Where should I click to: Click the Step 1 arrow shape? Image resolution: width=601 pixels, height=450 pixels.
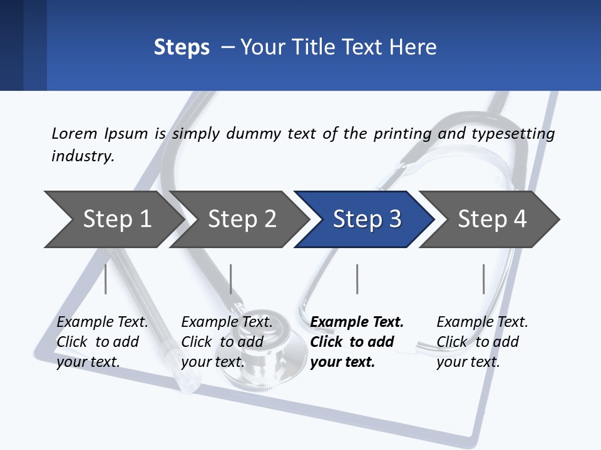(116, 219)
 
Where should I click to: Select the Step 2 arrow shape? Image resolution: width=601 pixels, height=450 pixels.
(241, 219)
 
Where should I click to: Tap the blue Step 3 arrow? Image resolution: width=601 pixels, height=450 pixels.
(366, 219)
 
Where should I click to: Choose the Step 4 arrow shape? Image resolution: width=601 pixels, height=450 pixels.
(491, 219)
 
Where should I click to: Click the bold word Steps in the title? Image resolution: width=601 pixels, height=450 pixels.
(182, 47)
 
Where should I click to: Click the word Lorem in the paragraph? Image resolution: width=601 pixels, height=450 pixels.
(74, 133)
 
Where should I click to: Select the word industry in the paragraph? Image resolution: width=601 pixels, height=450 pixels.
(82, 156)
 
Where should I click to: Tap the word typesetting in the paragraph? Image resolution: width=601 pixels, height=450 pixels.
(513, 134)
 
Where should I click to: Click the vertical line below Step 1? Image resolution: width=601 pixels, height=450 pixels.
(105, 279)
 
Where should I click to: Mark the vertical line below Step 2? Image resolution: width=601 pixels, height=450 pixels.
(231, 279)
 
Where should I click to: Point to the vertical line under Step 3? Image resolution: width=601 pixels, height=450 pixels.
(357, 279)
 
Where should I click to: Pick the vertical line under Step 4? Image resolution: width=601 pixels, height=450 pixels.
(483, 279)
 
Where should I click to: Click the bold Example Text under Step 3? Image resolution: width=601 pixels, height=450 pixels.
(357, 322)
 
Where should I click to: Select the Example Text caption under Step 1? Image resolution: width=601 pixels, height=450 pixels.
(103, 322)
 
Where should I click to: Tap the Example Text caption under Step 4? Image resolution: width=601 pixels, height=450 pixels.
(482, 322)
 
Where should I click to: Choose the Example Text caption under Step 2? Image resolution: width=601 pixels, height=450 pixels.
(227, 322)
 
